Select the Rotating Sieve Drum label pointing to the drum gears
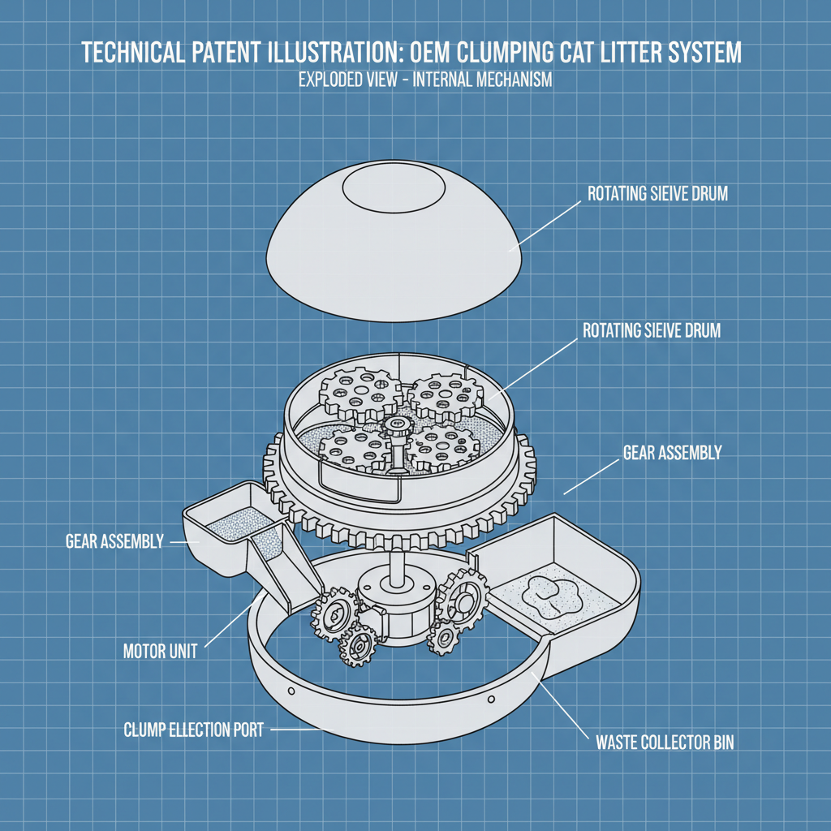[652, 331]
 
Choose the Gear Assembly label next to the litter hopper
[114, 541]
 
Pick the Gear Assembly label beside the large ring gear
[671, 453]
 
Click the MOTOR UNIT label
[160, 651]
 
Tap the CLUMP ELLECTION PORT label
[193, 730]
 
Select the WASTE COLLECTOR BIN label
[665, 742]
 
